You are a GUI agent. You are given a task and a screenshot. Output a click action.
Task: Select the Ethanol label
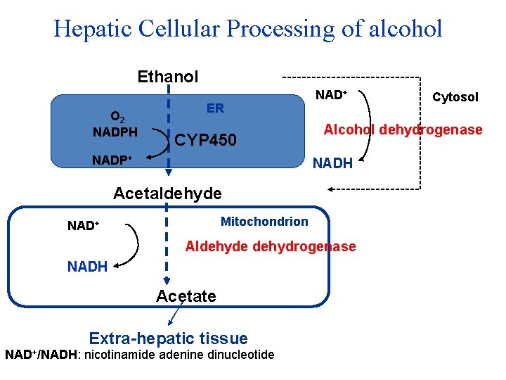point(168,76)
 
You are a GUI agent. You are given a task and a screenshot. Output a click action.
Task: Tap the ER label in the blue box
point(215,108)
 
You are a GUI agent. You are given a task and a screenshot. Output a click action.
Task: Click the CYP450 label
point(206,141)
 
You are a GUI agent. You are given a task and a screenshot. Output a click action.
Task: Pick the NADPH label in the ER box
point(115,132)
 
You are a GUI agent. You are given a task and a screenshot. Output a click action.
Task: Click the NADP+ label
point(112,160)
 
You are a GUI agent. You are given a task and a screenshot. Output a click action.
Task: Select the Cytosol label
point(455,97)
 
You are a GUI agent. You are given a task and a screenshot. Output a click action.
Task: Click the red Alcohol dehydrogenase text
point(403,129)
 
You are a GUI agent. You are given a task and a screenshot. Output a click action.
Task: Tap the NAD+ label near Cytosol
point(331,94)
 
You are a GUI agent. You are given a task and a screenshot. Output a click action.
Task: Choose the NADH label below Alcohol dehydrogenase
point(332,163)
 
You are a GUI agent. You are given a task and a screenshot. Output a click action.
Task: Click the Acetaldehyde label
point(167,193)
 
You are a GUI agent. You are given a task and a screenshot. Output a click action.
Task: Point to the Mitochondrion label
point(264,222)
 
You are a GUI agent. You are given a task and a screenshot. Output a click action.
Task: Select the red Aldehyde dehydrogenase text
point(270,246)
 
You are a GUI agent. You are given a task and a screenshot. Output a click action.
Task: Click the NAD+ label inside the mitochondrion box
point(83,226)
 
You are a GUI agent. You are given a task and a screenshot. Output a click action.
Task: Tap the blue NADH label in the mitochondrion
point(87,267)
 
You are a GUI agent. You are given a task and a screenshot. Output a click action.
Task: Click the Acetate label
point(186,296)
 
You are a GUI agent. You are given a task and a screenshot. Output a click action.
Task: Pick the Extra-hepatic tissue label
point(168,338)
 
